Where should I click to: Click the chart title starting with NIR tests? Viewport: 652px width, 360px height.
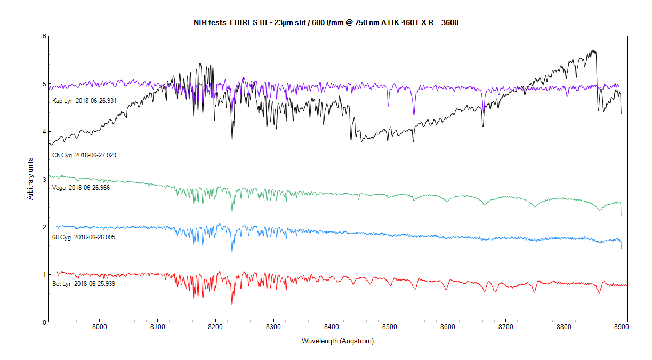pyautogui.click(x=326, y=22)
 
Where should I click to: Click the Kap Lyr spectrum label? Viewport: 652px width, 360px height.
pyautogui.click(x=84, y=100)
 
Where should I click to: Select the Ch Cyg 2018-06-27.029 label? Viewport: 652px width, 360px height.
pyautogui.click(x=84, y=155)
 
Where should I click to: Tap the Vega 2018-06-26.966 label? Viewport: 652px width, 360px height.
pyautogui.click(x=81, y=188)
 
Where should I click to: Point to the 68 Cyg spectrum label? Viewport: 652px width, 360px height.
pyautogui.click(x=84, y=237)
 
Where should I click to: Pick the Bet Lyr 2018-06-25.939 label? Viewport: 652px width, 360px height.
pyautogui.click(x=84, y=284)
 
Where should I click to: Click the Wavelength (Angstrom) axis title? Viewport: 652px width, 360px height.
pyautogui.click(x=337, y=341)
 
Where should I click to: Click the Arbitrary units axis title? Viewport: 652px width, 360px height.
pyautogui.click(x=30, y=179)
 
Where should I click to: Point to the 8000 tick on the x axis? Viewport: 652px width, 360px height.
pyautogui.click(x=100, y=326)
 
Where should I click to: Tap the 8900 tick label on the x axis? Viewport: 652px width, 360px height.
pyautogui.click(x=622, y=326)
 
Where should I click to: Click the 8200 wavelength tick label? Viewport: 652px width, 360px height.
pyautogui.click(x=215, y=326)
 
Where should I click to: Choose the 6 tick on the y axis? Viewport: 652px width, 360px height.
pyautogui.click(x=44, y=36)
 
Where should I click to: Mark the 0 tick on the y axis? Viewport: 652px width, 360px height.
pyautogui.click(x=44, y=322)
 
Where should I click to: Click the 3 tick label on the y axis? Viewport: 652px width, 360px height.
pyautogui.click(x=44, y=179)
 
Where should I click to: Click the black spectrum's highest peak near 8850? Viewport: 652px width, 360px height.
pyautogui.click(x=593, y=50)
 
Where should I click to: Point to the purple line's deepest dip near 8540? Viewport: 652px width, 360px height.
pyautogui.click(x=413, y=114)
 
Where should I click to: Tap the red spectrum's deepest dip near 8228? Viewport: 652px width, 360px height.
pyautogui.click(x=232, y=305)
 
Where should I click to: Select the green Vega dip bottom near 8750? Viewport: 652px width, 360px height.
pyautogui.click(x=535, y=207)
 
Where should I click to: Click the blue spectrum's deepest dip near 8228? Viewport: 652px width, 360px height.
pyautogui.click(x=232, y=252)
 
